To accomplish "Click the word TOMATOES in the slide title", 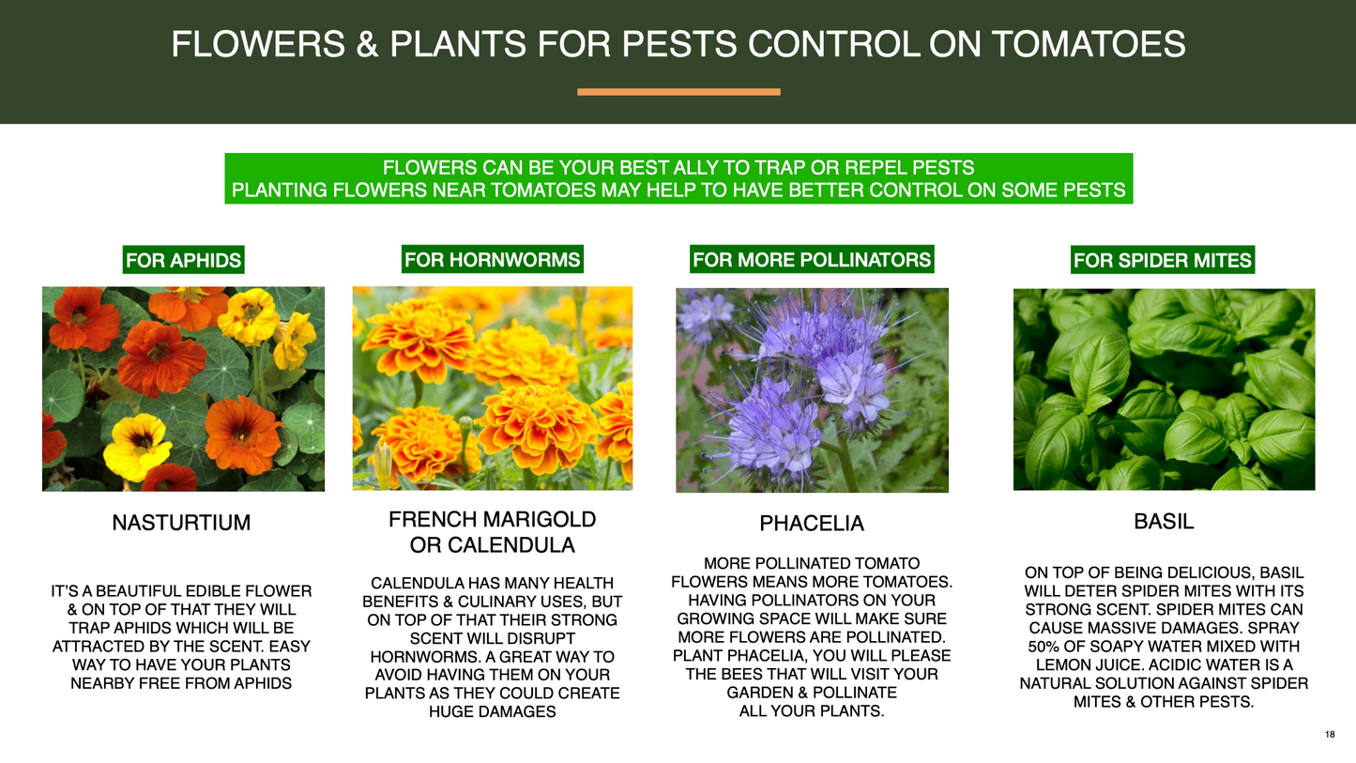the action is pyautogui.click(x=1088, y=44).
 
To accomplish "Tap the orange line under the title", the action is pyautogui.click(x=678, y=92).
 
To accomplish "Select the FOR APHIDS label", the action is pyautogui.click(x=183, y=260).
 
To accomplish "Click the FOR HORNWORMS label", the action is pyautogui.click(x=492, y=259).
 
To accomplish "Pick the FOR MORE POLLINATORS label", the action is pyautogui.click(x=812, y=259).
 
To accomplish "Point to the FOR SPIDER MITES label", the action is pyautogui.click(x=1163, y=260).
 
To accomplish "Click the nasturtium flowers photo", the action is pyautogui.click(x=183, y=389).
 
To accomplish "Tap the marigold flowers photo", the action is pyautogui.click(x=493, y=389).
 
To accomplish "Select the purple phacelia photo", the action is pyautogui.click(x=813, y=390).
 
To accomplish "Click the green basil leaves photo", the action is pyautogui.click(x=1165, y=389).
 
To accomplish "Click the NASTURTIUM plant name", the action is pyautogui.click(x=181, y=523).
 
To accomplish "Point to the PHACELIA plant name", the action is pyautogui.click(x=812, y=523).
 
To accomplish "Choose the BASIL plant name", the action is pyautogui.click(x=1164, y=522).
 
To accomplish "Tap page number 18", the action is pyautogui.click(x=1330, y=735).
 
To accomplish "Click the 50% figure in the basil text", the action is pyautogui.click(x=1043, y=647).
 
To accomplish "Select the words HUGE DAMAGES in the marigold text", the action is pyautogui.click(x=492, y=711).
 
